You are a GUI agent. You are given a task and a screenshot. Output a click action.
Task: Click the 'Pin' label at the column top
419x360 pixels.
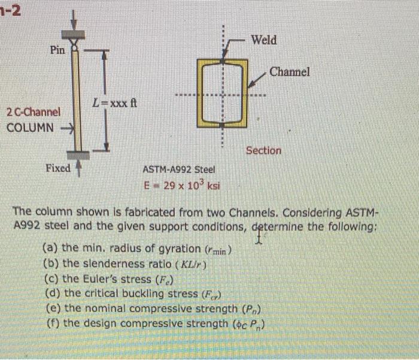(x=57, y=50)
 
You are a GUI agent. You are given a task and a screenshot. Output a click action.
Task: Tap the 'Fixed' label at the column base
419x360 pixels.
(x=58, y=168)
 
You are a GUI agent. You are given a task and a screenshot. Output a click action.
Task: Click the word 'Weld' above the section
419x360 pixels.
(x=264, y=40)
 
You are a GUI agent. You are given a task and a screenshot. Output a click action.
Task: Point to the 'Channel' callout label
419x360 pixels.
(x=290, y=72)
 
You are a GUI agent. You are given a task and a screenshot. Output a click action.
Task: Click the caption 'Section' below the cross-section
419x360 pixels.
(x=263, y=151)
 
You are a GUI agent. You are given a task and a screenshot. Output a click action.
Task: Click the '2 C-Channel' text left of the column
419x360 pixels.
(x=34, y=112)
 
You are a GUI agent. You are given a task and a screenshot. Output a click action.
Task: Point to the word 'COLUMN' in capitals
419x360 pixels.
(x=30, y=128)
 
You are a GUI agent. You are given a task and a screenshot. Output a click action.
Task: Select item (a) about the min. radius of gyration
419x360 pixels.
(x=137, y=249)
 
